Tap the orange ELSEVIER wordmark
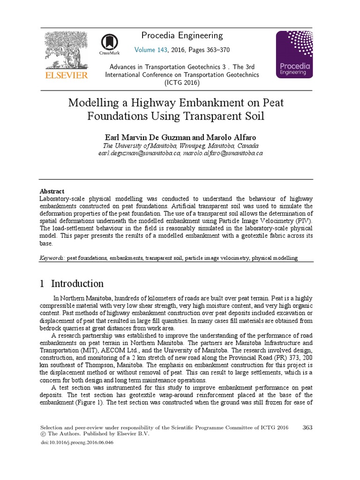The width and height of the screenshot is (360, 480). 66,75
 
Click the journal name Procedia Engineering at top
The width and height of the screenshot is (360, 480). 182,36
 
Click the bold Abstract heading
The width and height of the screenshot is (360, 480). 52,191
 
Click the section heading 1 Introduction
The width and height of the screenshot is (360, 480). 72,284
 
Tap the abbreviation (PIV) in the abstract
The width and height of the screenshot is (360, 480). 303,221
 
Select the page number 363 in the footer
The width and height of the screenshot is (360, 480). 308,427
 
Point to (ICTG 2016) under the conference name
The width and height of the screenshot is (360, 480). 182,82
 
